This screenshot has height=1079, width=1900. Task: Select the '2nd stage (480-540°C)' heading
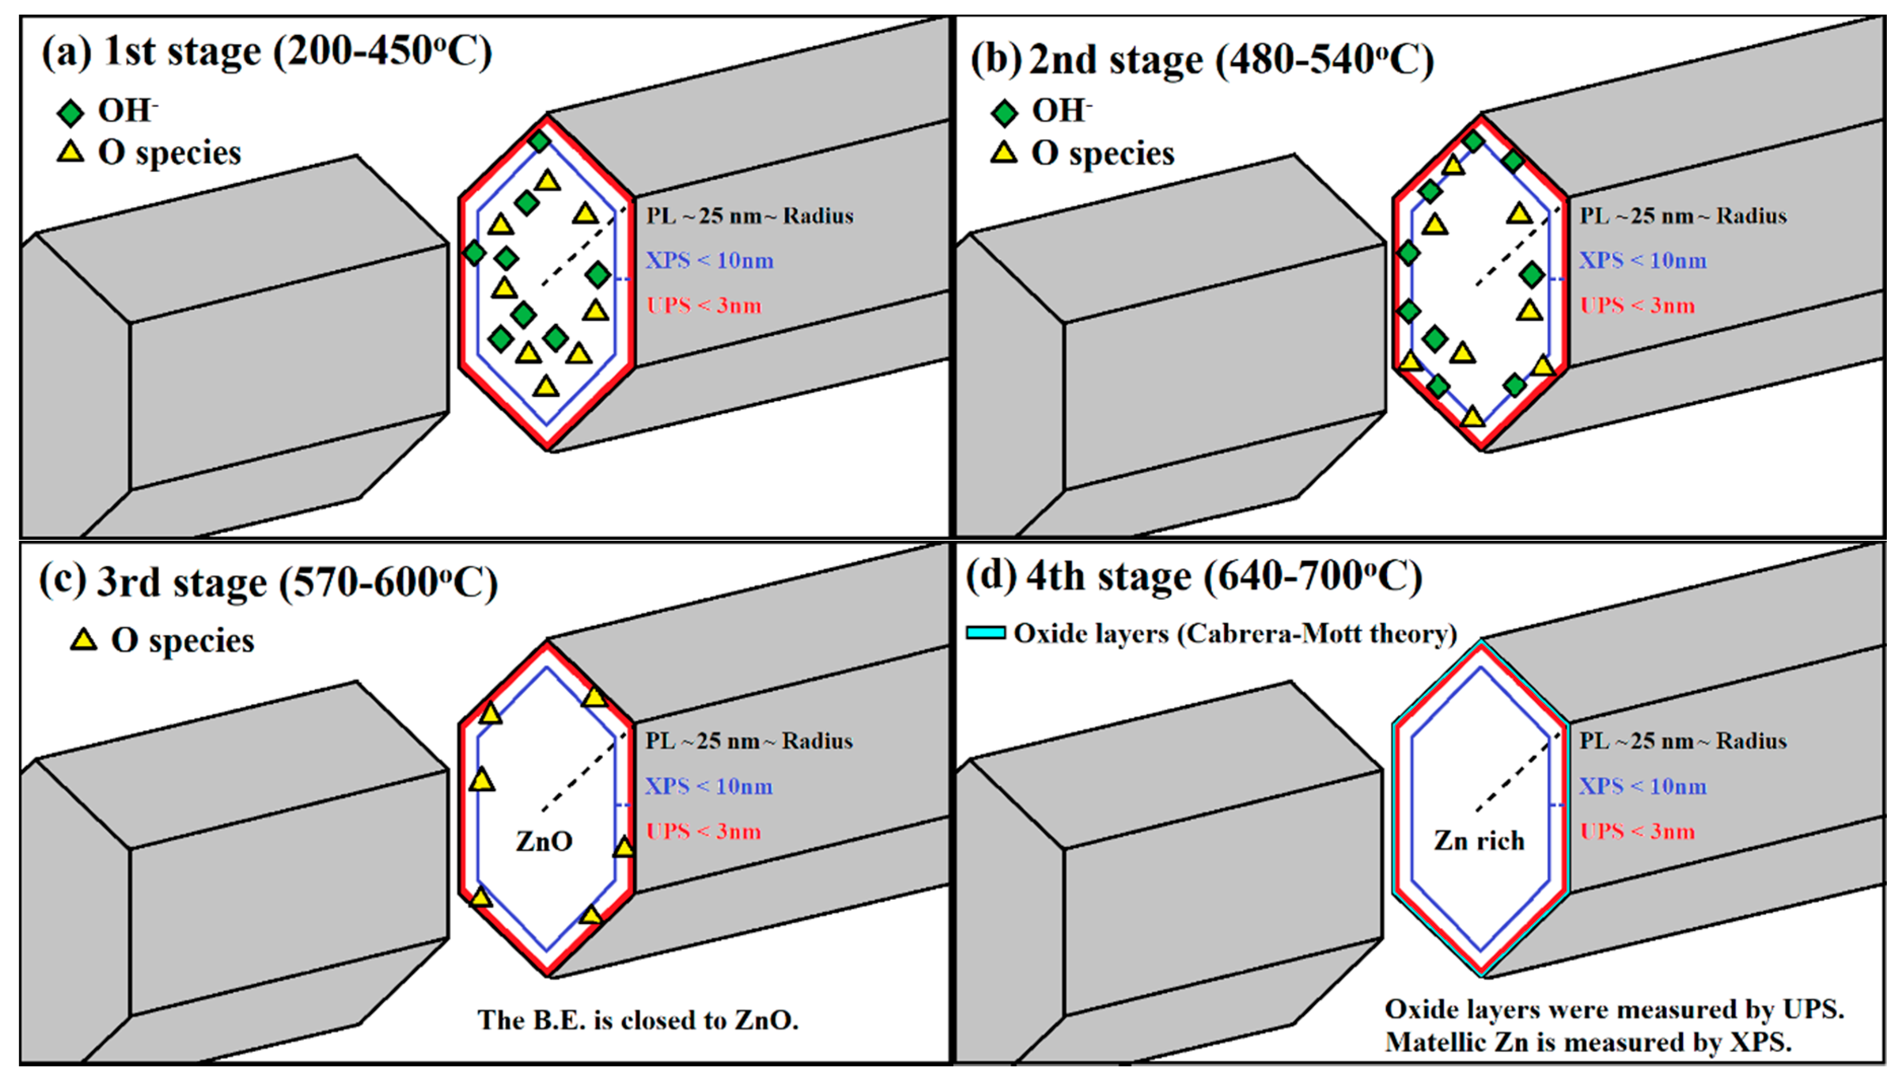point(1230,59)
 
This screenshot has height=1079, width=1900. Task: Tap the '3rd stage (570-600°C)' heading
point(296,582)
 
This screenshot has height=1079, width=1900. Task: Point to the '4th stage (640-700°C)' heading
point(1222,577)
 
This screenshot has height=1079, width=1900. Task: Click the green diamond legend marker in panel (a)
point(71,114)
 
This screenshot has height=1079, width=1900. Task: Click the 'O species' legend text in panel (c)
point(182,640)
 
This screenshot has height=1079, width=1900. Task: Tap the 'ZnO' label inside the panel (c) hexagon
point(545,841)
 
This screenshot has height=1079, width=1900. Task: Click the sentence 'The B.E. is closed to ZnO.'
point(637,1020)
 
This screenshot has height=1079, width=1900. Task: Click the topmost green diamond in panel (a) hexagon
point(539,141)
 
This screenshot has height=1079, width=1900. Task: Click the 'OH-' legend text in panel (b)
point(1061,111)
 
